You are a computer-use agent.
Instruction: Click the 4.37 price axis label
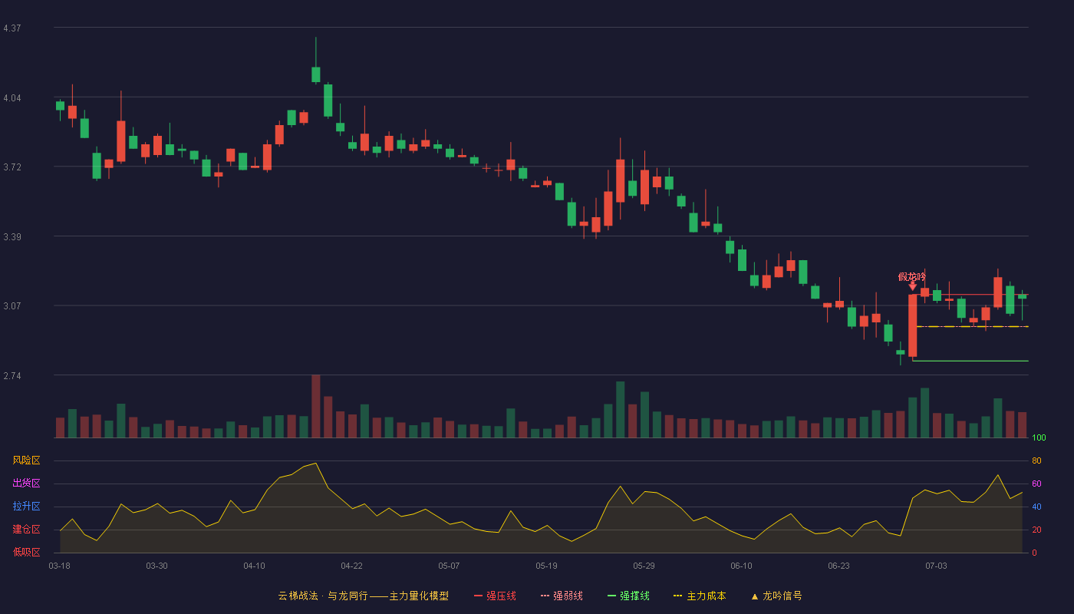tap(12, 28)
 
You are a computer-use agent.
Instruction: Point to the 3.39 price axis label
tap(12, 237)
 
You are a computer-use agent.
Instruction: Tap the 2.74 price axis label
tap(12, 376)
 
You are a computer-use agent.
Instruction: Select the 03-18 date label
tap(60, 566)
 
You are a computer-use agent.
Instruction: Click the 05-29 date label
tap(644, 566)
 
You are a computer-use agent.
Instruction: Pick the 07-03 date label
tap(937, 566)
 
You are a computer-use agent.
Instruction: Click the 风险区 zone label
tap(26, 460)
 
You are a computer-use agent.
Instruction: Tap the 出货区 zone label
tap(26, 484)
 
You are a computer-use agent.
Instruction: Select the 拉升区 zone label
tap(26, 507)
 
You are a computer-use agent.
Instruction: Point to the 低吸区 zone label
tap(26, 553)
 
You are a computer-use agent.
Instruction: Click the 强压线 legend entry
tap(495, 596)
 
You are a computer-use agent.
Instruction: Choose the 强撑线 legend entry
tap(628, 596)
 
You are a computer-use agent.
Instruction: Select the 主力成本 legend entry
tap(700, 596)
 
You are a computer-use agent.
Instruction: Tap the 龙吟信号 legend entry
tap(776, 596)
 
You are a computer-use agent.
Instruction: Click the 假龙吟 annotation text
tap(912, 277)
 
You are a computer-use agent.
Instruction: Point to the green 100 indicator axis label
tap(1039, 437)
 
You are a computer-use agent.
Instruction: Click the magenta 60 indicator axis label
tap(1036, 484)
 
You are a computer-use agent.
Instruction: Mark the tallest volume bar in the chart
tap(316, 406)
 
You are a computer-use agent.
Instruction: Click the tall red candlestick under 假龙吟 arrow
tap(912, 325)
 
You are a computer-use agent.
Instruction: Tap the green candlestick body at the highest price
tap(316, 75)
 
